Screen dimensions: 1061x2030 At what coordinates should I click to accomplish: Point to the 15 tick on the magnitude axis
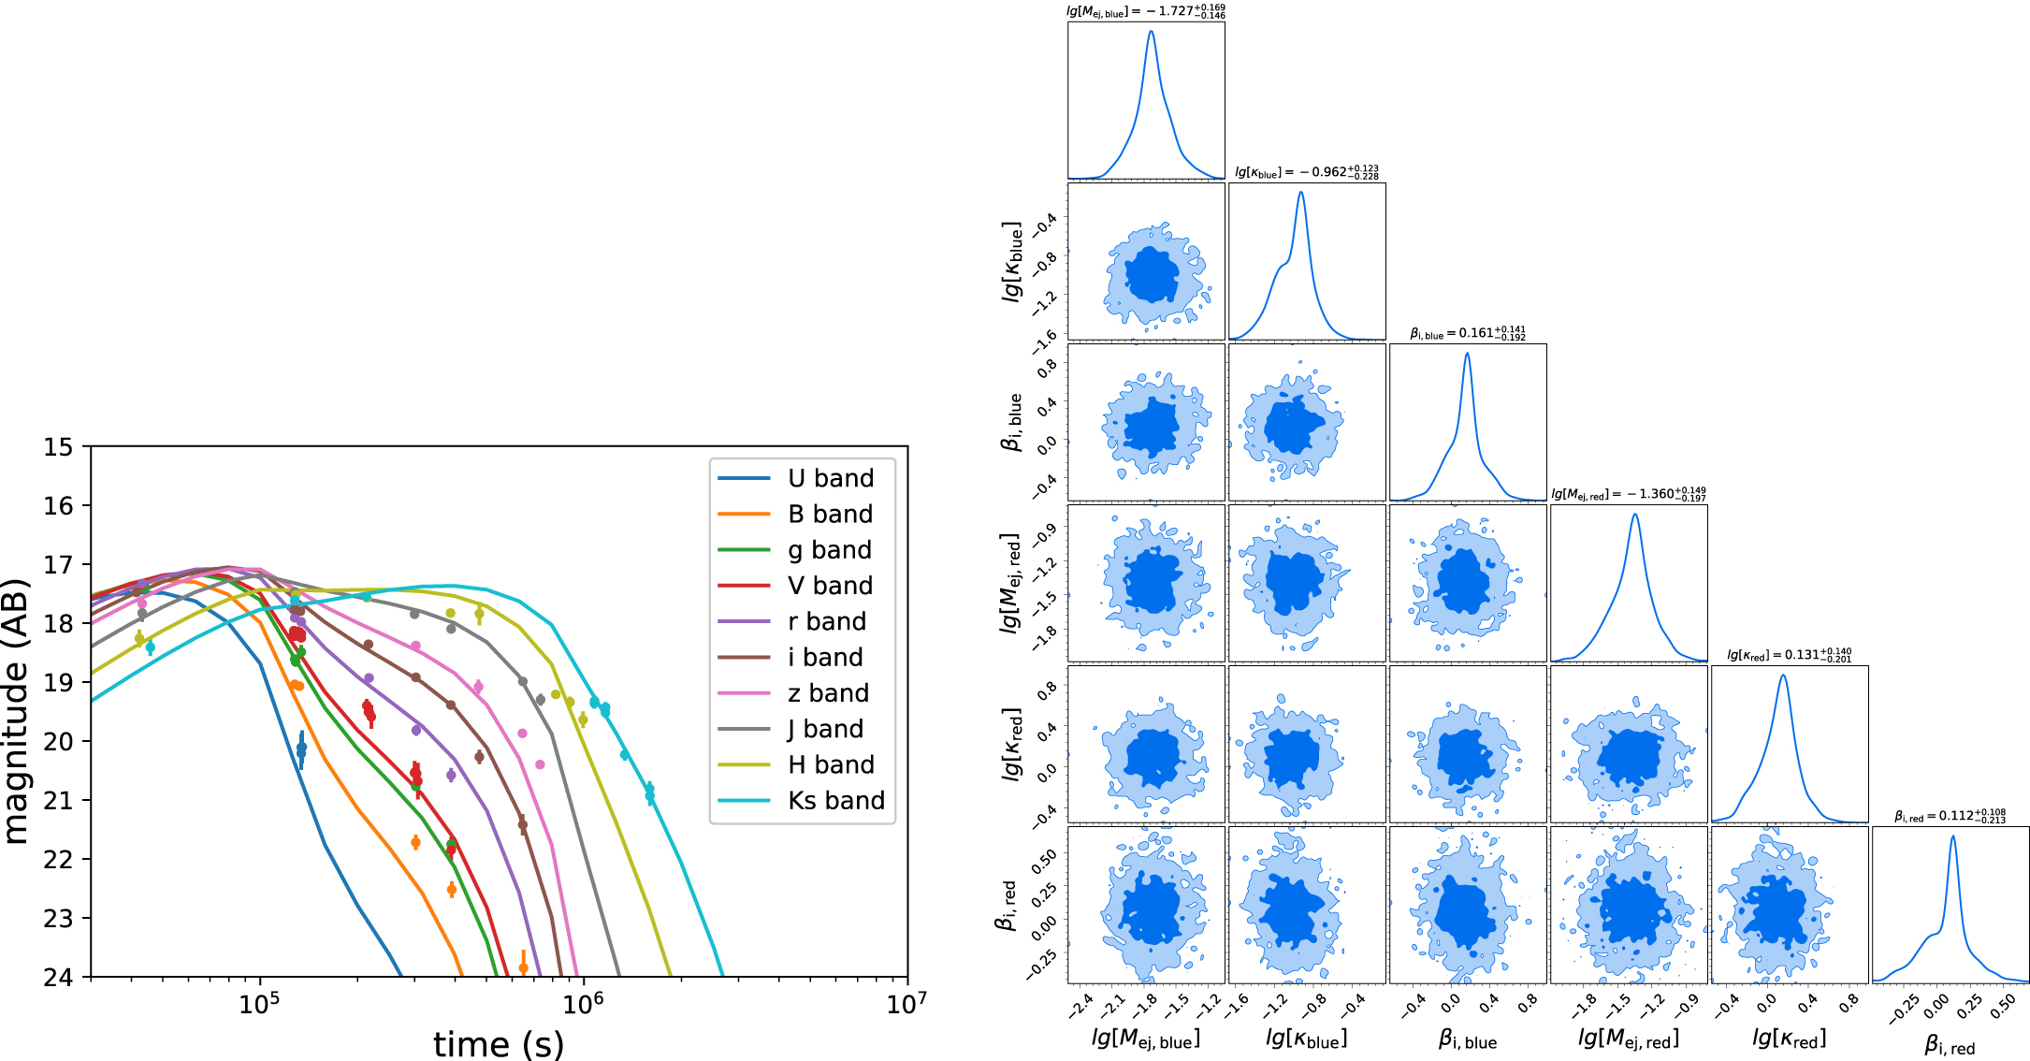pos(58,447)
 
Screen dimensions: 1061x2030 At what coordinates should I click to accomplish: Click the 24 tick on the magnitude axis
pos(58,977)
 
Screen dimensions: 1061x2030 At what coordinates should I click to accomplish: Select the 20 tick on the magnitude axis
pos(58,742)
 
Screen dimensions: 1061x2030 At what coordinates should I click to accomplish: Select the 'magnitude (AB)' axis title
pos(17,712)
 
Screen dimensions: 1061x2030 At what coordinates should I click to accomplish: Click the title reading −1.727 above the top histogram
pos(1146,11)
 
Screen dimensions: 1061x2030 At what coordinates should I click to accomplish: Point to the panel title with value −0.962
pos(1306,172)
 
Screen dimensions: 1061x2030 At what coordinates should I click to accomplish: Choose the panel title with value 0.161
pos(1467,333)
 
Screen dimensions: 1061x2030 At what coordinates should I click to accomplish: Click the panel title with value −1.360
pos(1628,494)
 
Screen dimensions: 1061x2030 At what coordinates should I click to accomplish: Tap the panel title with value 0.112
pos(1950,816)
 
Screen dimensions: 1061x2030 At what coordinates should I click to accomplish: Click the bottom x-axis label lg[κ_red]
pos(1789,1038)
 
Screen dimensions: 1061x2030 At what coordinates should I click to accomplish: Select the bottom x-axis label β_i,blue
pos(1467,1039)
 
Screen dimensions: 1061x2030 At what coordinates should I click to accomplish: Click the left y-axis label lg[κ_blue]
pos(1011,261)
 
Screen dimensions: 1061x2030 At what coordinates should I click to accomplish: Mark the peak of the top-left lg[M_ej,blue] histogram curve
pos(1151,31)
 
